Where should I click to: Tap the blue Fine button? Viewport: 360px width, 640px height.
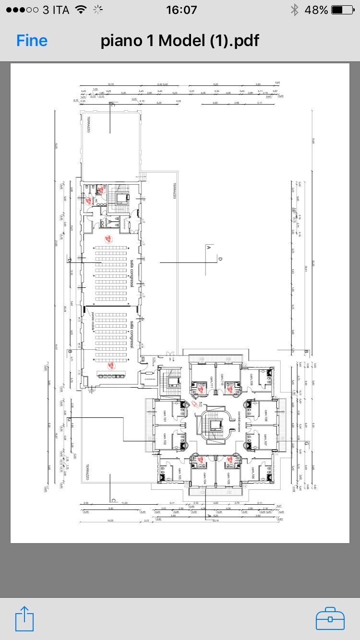click(x=32, y=41)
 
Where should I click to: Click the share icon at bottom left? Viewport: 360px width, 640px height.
click(x=24, y=619)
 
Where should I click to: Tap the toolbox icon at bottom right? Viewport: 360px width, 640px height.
click(x=330, y=619)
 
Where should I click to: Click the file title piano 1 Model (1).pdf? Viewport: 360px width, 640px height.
click(x=180, y=41)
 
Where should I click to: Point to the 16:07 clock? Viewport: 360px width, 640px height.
click(x=181, y=10)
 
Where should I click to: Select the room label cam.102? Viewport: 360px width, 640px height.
click(x=165, y=438)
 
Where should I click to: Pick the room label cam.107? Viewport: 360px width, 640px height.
click(x=264, y=438)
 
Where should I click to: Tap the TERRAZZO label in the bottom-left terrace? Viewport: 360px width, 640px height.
click(x=88, y=473)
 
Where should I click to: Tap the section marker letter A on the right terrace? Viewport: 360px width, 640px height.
click(x=208, y=248)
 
